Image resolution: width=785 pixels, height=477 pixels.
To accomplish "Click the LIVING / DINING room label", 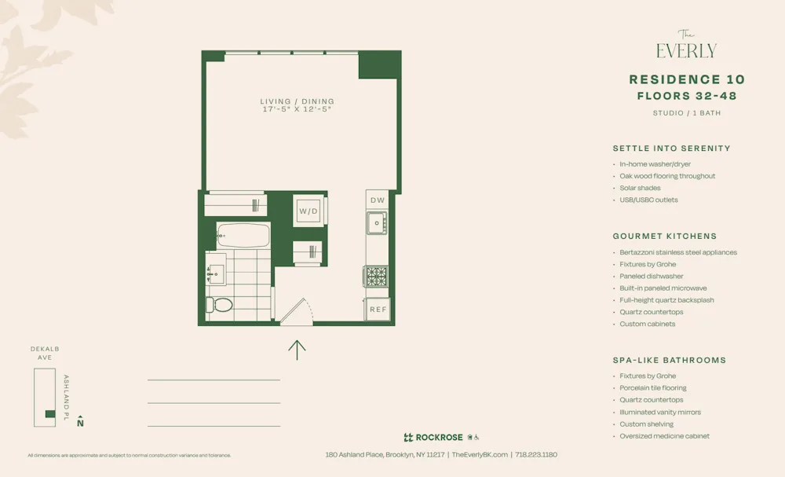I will pyautogui.click(x=297, y=101).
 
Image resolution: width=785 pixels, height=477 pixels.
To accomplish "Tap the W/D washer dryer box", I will pyautogui.click(x=308, y=211).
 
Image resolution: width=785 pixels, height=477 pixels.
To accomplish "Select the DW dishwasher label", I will pyautogui.click(x=377, y=200).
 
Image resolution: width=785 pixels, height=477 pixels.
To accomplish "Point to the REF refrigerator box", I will pyautogui.click(x=378, y=310).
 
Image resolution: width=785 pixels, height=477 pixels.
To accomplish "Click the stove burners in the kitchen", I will pyautogui.click(x=377, y=277).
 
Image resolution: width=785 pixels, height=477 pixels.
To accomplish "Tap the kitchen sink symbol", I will pyautogui.click(x=377, y=224).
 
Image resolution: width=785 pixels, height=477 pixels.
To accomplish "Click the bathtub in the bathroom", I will pyautogui.click(x=243, y=235).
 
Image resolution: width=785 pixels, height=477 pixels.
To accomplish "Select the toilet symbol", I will pyautogui.click(x=221, y=304).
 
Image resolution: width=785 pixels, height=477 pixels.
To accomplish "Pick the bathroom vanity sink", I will pyautogui.click(x=215, y=274).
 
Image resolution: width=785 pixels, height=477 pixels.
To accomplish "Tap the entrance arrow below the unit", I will pyautogui.click(x=297, y=349).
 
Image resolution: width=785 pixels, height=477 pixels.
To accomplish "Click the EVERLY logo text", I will pyautogui.click(x=686, y=51).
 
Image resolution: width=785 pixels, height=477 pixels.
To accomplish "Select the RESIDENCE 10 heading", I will pyautogui.click(x=687, y=79).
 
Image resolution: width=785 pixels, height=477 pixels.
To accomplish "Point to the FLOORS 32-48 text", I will pyautogui.click(x=687, y=96).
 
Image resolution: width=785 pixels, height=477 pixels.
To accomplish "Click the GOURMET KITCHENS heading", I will pyautogui.click(x=665, y=236).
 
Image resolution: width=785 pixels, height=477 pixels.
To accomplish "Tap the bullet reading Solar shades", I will pyautogui.click(x=640, y=188).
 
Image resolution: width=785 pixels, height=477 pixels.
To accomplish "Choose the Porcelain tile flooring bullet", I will pyautogui.click(x=652, y=387).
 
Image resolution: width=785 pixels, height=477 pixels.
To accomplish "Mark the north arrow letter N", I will pyautogui.click(x=80, y=423).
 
